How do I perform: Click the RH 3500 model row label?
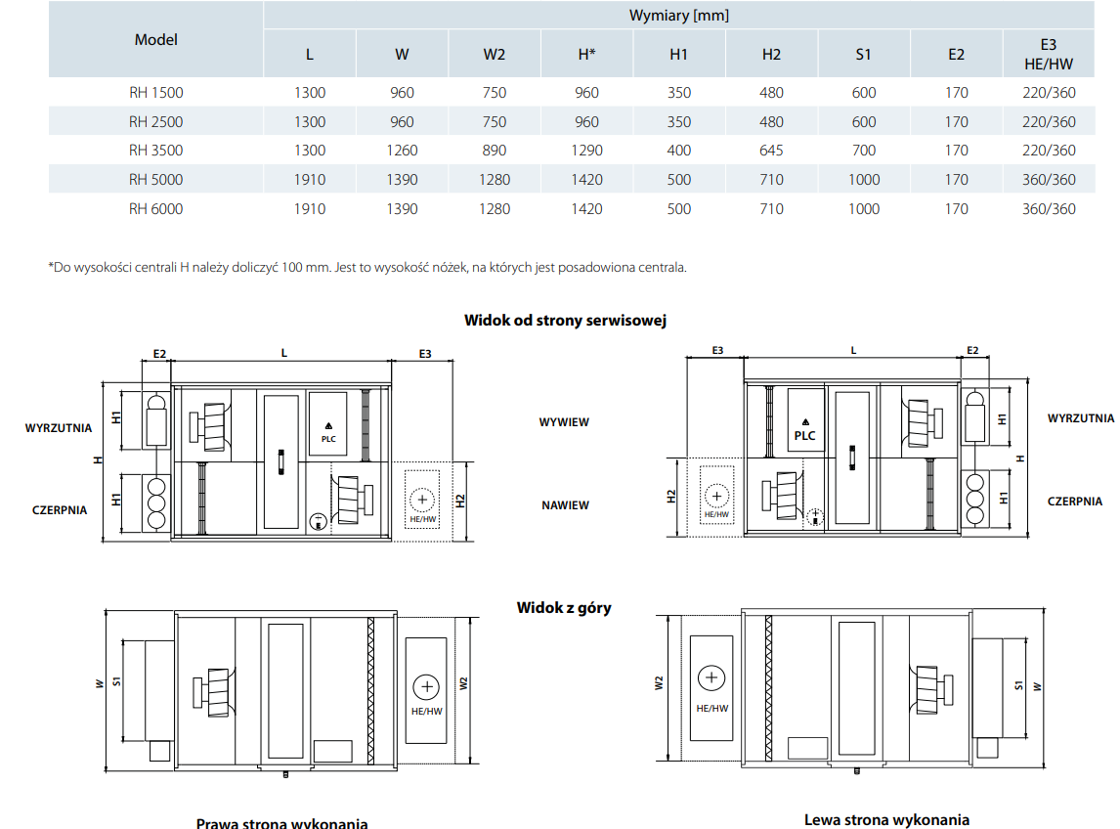tap(155, 151)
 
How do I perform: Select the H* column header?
tap(586, 54)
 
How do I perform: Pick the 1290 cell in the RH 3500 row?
tap(586, 151)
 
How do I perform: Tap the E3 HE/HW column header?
tap(1049, 54)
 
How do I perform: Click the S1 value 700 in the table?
tap(864, 151)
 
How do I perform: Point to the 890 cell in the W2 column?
tap(495, 151)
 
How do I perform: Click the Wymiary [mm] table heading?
tap(678, 16)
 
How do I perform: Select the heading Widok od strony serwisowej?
tap(565, 320)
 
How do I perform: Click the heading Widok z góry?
tap(564, 607)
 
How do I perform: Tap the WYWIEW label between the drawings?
tap(564, 422)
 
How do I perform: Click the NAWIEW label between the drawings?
tap(565, 505)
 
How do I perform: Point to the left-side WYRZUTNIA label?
tap(59, 427)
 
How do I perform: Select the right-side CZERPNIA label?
tap(1074, 501)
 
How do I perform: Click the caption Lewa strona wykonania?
tap(886, 819)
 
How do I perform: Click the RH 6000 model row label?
tap(155, 208)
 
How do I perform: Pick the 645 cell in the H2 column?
tap(772, 151)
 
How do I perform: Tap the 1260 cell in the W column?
tap(402, 151)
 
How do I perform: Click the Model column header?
tap(156, 40)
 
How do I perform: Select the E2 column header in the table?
tap(956, 54)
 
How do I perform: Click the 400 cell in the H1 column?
tap(679, 151)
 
